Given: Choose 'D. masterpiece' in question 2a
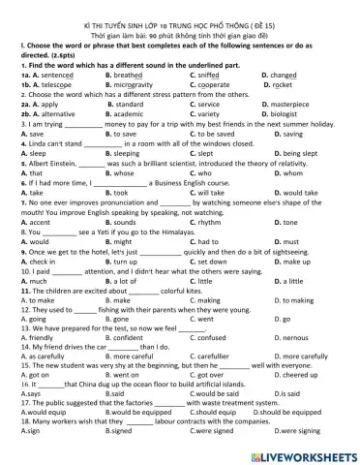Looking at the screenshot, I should tap(289, 104).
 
